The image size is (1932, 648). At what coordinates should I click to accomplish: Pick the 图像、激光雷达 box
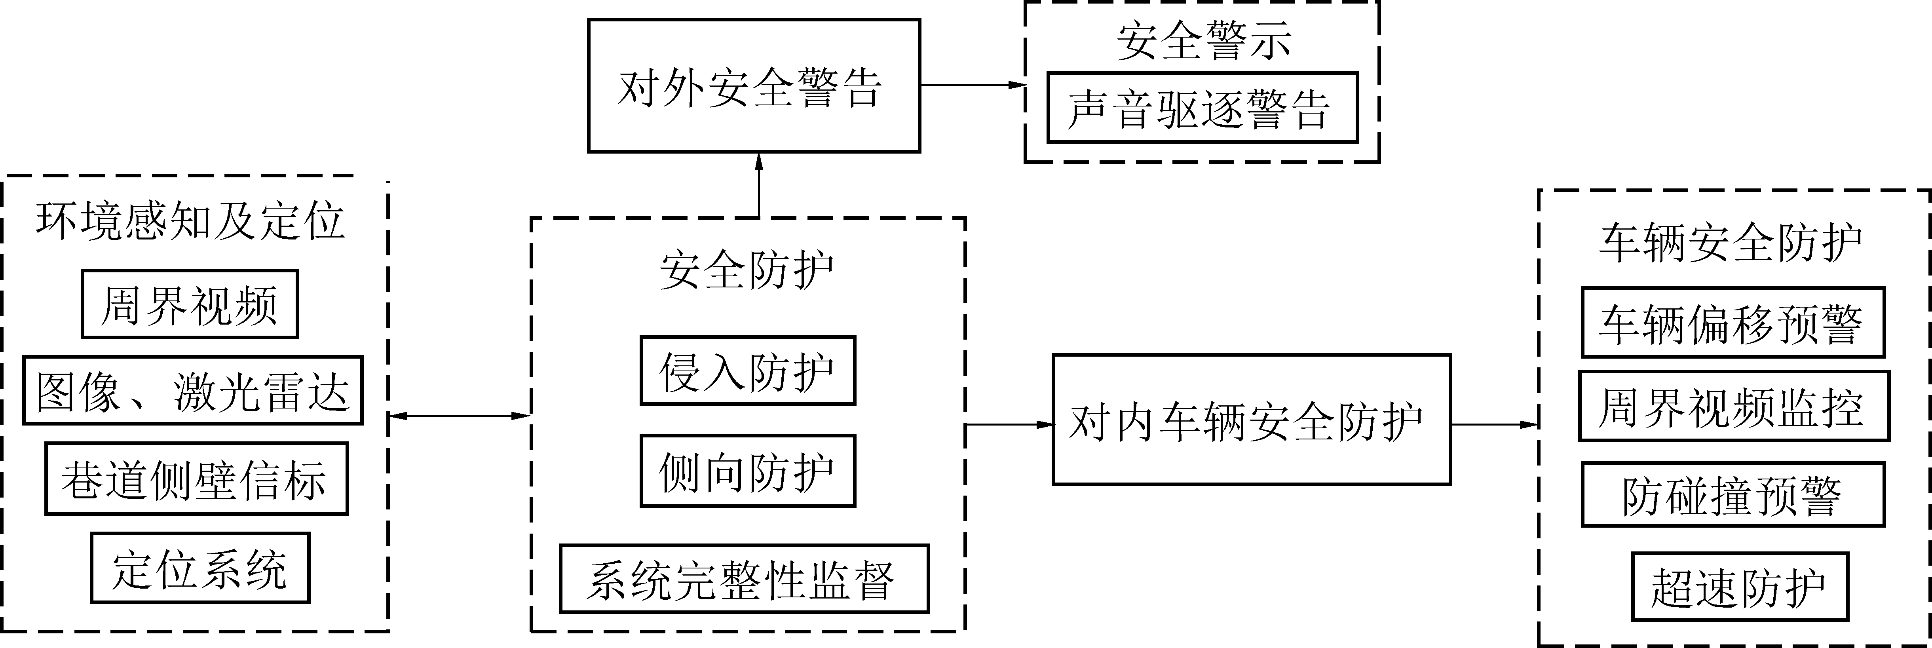click(193, 391)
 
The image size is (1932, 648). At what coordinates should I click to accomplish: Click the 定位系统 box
click(200, 568)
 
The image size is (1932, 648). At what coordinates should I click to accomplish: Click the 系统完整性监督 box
click(744, 579)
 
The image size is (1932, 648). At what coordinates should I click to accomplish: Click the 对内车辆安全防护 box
click(1251, 420)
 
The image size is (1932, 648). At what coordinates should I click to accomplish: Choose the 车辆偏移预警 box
click(1733, 323)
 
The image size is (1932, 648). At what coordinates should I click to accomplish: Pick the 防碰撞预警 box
click(1733, 495)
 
